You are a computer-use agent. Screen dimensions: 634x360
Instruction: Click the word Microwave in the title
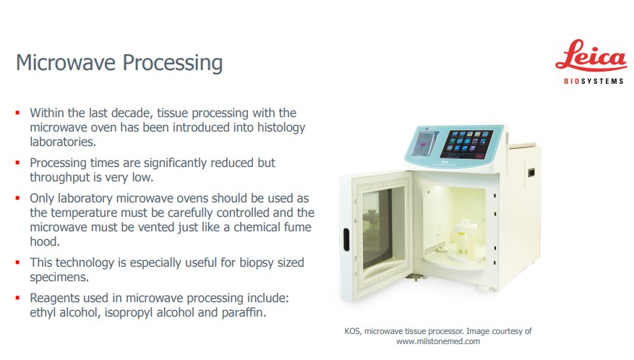[x=66, y=63]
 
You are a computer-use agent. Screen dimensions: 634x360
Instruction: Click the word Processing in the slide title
[x=173, y=64]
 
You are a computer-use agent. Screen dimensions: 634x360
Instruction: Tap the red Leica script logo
[x=591, y=56]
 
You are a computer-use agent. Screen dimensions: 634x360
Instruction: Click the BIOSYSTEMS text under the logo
[x=594, y=81]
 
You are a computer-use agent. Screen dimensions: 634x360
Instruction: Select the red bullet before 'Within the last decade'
[x=17, y=113]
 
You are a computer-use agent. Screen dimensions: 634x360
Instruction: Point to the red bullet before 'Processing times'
[x=17, y=163]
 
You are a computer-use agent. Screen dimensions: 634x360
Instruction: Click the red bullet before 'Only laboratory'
[x=17, y=198]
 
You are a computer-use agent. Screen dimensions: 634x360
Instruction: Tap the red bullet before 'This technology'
[x=17, y=262]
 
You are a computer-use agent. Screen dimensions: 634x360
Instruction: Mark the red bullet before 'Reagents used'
[x=17, y=298]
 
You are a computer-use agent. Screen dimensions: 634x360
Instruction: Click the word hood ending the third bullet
[x=45, y=241]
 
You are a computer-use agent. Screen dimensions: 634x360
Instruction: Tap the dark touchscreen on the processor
[x=466, y=145]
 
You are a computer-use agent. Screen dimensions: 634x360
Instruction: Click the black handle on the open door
[x=346, y=240]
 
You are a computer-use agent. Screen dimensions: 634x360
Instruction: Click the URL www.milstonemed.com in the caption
[x=438, y=341]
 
